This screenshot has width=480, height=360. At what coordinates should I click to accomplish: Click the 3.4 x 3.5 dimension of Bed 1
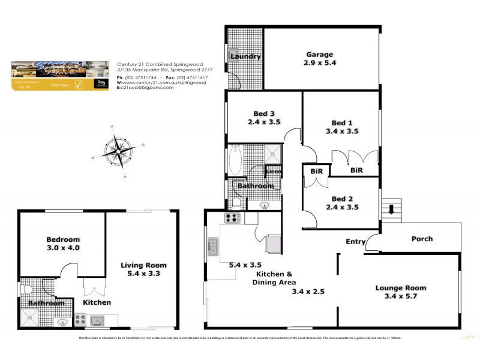tap(342, 130)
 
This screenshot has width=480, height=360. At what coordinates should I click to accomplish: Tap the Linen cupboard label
tap(274, 172)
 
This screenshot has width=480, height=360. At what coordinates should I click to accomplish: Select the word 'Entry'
tap(355, 242)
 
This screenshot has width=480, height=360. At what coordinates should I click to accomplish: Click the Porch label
tap(421, 239)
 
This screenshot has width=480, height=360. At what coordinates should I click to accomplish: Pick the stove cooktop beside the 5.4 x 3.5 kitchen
tap(232, 218)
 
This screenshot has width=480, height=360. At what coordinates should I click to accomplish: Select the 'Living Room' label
tap(143, 265)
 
